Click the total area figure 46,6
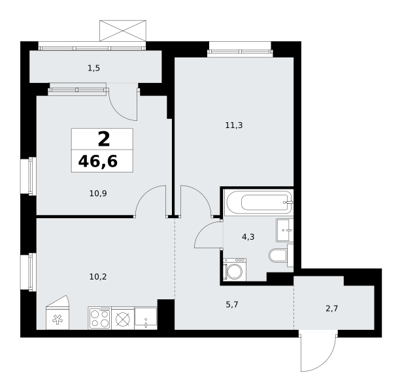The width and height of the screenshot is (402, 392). point(98,161)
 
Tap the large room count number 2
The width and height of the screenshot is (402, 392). point(104,139)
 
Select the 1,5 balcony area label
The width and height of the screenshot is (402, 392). point(93,69)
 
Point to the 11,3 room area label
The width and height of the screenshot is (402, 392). point(234,125)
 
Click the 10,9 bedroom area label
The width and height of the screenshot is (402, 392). point(98,193)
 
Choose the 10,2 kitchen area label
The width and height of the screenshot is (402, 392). point(98,277)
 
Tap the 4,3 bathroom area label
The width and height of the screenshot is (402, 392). point(248,237)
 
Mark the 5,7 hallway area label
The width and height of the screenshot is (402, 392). point(232,304)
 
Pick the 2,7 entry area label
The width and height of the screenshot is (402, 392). point(332,308)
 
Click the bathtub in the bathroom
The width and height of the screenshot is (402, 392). point(258,203)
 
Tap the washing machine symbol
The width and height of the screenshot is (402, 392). point(235,270)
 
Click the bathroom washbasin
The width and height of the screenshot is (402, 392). point(284,230)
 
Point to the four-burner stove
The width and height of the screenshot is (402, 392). point(100,318)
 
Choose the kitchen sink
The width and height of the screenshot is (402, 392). point(146,318)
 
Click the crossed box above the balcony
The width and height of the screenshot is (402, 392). point(123,31)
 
